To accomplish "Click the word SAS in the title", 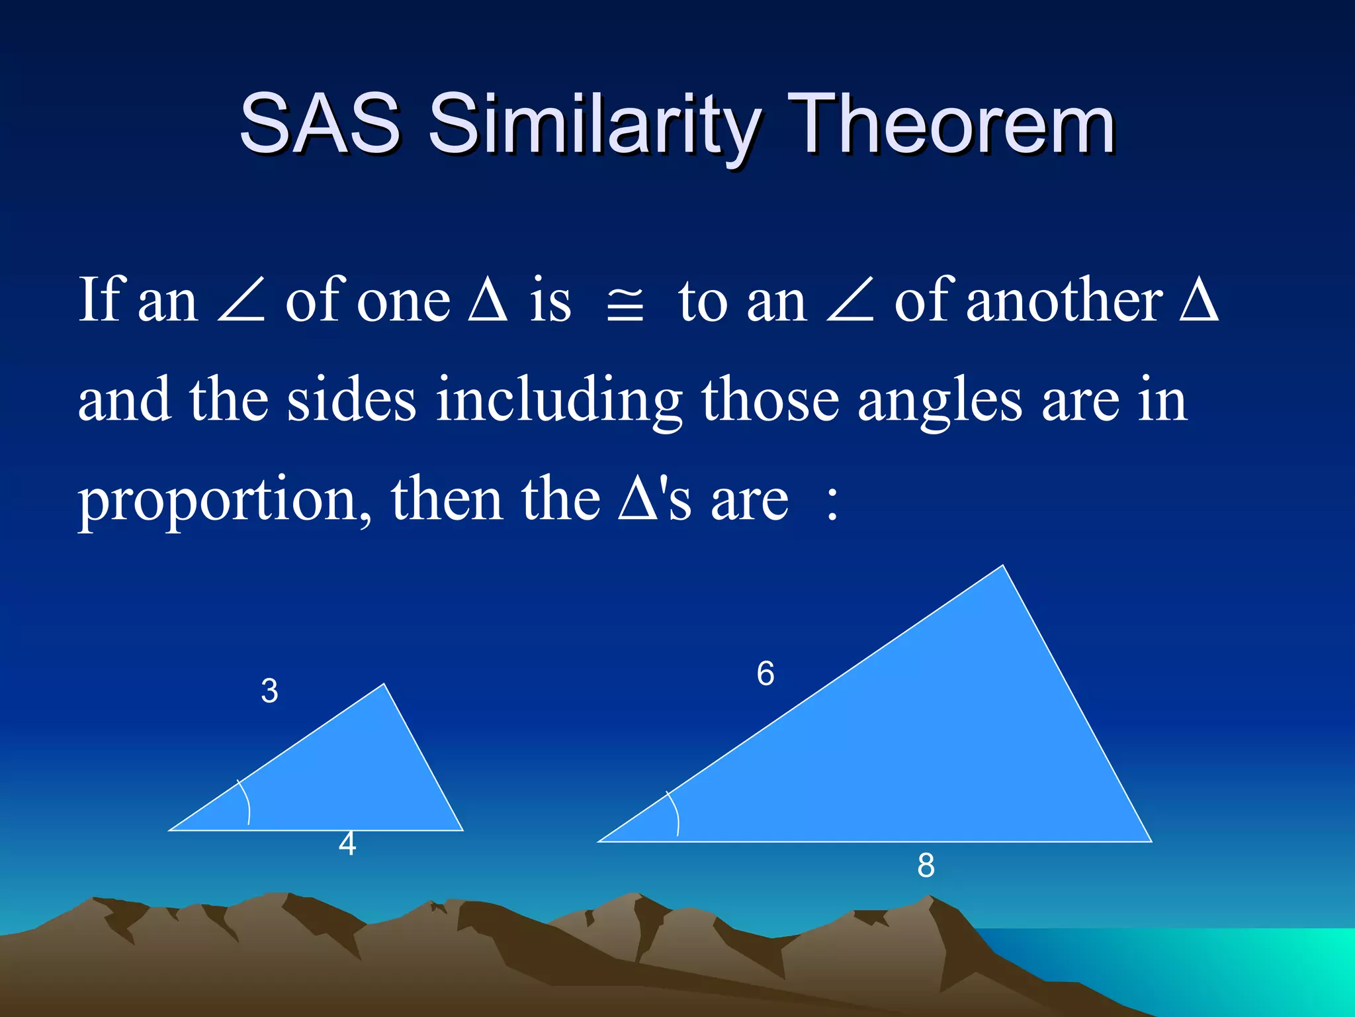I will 320,123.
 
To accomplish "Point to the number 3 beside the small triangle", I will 269,691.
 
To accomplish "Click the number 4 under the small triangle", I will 347,844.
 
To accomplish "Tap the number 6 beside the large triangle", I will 765,674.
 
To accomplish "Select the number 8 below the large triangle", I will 926,865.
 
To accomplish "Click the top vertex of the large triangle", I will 1002,566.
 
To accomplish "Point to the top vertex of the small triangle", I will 384,685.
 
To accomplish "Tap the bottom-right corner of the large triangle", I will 1150,841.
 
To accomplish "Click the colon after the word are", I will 832,502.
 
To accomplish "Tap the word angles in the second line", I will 940,401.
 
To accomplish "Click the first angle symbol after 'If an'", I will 241,301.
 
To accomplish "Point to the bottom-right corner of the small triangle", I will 462,829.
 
